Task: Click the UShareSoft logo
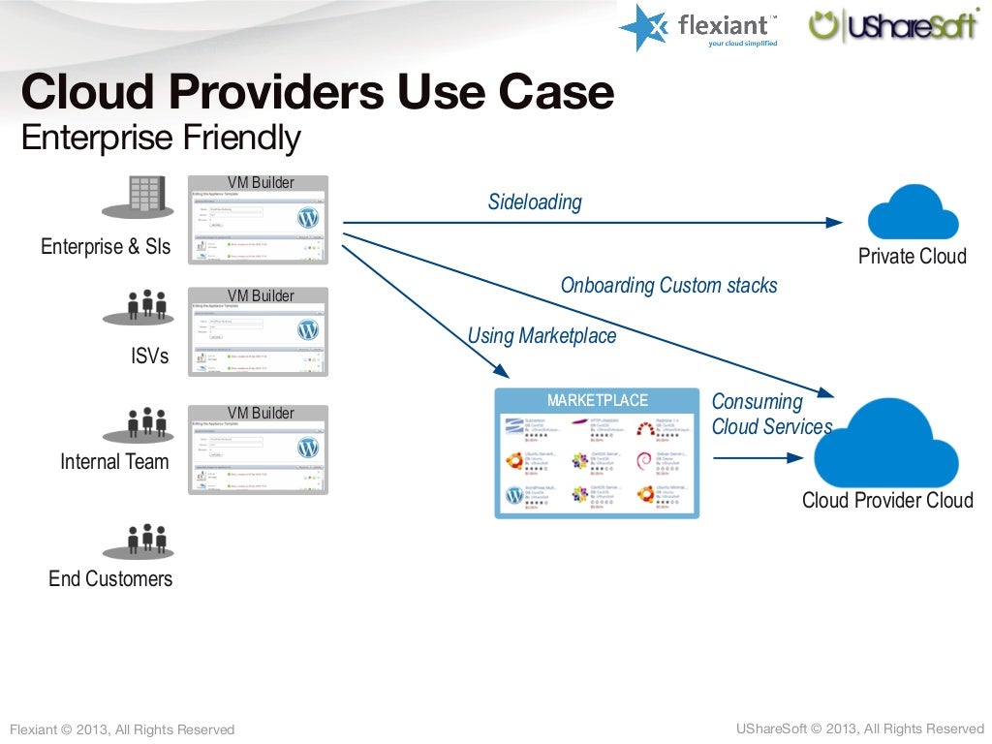pyautogui.click(x=893, y=25)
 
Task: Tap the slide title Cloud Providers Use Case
pyautogui.click(x=317, y=94)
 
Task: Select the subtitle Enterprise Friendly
pyautogui.click(x=161, y=139)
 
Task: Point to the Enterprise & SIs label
pyautogui.click(x=106, y=247)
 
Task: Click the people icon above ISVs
pyautogui.click(x=146, y=306)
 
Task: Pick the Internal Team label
pyautogui.click(x=114, y=462)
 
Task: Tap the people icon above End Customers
pyautogui.click(x=146, y=541)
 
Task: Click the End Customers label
pyautogui.click(x=110, y=579)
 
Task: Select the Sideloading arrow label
pyautogui.click(x=535, y=202)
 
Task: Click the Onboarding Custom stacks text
pyautogui.click(x=668, y=286)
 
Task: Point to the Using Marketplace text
pyautogui.click(x=542, y=336)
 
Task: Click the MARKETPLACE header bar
pyautogui.click(x=597, y=400)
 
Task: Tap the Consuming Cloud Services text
pyautogui.click(x=770, y=415)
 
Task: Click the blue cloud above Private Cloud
pyautogui.click(x=913, y=212)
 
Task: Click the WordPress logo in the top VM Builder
pyautogui.click(x=308, y=217)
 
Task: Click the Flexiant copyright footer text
pyautogui.click(x=122, y=729)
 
